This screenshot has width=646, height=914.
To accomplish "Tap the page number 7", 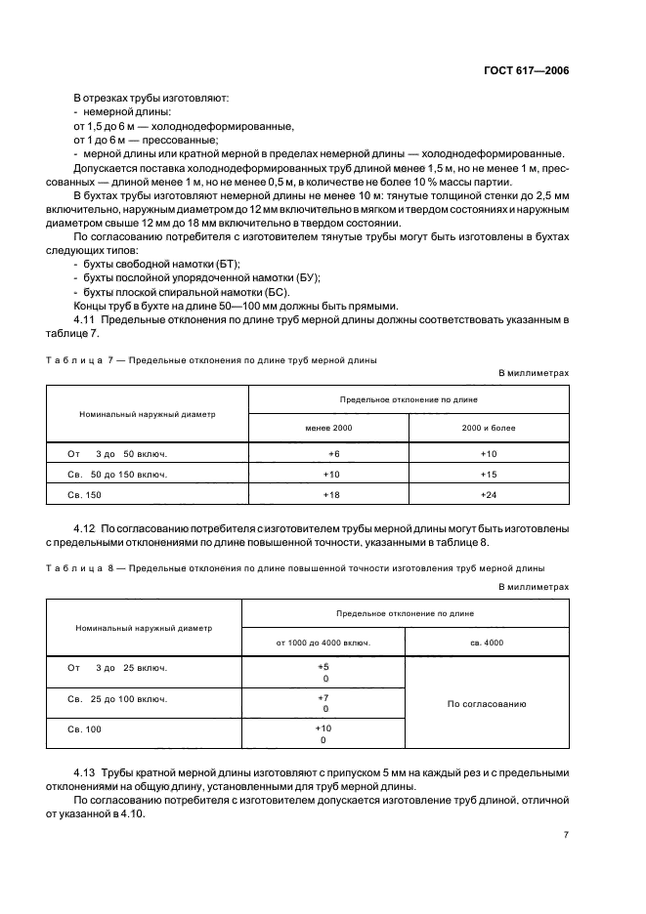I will pyautogui.click(x=566, y=835).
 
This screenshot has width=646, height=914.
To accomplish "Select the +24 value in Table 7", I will pyautogui.click(x=489, y=495).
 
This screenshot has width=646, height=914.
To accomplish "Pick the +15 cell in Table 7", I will pyautogui.click(x=489, y=475).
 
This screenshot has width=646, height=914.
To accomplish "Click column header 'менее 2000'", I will pyautogui.click(x=328, y=428).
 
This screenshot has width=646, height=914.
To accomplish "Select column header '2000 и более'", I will pyautogui.click(x=489, y=428).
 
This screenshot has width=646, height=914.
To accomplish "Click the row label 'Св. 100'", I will pyautogui.click(x=85, y=729).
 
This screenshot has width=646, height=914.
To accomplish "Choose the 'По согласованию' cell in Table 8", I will pyautogui.click(x=487, y=703).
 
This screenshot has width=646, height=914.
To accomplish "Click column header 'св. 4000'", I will pyautogui.click(x=487, y=643).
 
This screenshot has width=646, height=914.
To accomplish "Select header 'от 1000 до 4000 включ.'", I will pyautogui.click(x=323, y=643).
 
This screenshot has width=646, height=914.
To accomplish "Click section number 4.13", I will pyautogui.click(x=87, y=772).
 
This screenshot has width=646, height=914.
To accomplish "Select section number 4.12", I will pyautogui.click(x=87, y=528).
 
